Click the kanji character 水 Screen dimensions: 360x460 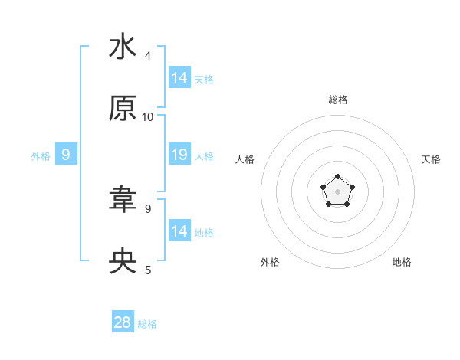pyautogui.click(x=123, y=47)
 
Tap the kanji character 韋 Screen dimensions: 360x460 pyautogui.click(x=123, y=200)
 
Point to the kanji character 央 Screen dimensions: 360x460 pyautogui.click(x=123, y=261)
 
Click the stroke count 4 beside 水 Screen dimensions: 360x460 pyautogui.click(x=148, y=55)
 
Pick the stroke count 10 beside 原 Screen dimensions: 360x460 pyautogui.click(x=148, y=116)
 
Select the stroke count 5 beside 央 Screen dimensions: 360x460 pyautogui.click(x=148, y=270)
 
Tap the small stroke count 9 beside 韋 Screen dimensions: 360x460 pyautogui.click(x=148, y=208)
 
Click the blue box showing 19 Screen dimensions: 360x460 pyautogui.click(x=179, y=155)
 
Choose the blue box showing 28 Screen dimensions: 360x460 pyautogui.click(x=123, y=322)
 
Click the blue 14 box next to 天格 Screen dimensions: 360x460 pyautogui.click(x=179, y=77)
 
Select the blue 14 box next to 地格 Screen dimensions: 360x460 pyautogui.click(x=179, y=231)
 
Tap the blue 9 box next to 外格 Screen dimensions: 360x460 pyautogui.click(x=66, y=155)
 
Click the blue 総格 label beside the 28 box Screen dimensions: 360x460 pyautogui.click(x=148, y=324)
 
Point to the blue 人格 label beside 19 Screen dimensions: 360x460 pyautogui.click(x=205, y=156)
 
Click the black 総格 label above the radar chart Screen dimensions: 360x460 pyautogui.click(x=338, y=100)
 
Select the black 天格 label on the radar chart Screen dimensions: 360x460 pyautogui.click(x=431, y=159)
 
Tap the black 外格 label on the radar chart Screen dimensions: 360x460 pyautogui.click(x=270, y=262)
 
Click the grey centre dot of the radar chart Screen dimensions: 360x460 pyautogui.click(x=338, y=191)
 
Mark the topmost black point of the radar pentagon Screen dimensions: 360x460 pyautogui.click(x=338, y=177)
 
